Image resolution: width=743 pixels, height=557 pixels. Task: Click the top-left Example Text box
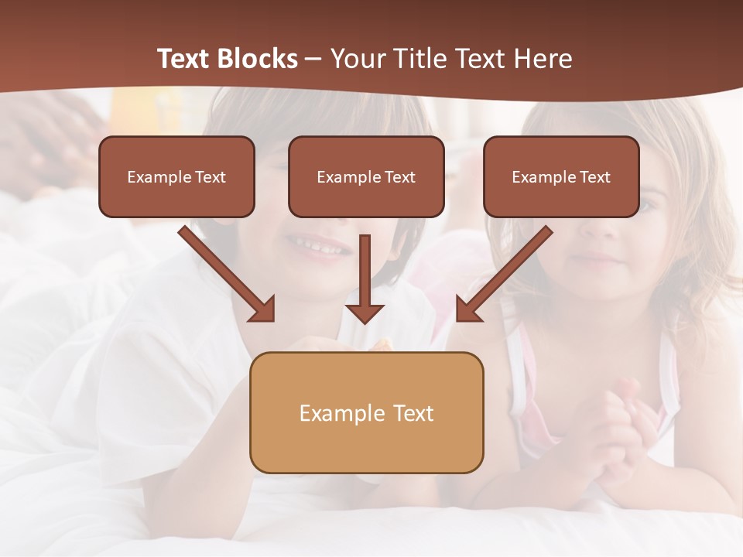(x=176, y=176)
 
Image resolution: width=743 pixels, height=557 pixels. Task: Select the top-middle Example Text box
(x=366, y=176)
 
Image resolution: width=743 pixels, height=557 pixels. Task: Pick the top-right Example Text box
(x=561, y=176)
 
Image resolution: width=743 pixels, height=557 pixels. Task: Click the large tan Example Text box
(x=366, y=412)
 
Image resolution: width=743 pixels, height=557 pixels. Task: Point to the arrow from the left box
(x=224, y=272)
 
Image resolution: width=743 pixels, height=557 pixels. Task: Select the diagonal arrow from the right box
(x=507, y=272)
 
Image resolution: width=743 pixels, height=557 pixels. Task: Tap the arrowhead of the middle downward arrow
(x=365, y=313)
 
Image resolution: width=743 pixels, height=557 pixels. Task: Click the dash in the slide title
(x=313, y=59)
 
